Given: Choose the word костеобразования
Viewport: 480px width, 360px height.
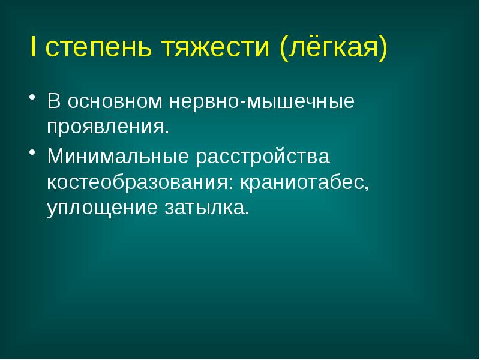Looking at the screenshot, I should pyautogui.click(x=140, y=183).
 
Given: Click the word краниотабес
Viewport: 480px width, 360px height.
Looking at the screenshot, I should pyautogui.click(x=304, y=183).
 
